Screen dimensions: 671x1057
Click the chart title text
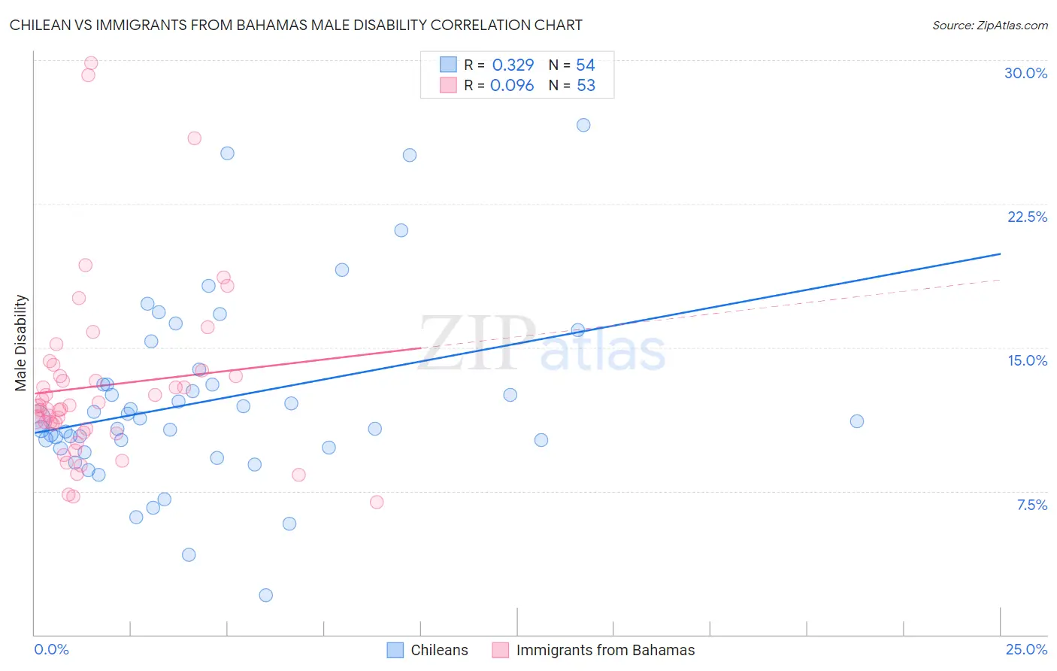click(295, 25)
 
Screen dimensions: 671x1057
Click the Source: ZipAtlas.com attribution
click(989, 25)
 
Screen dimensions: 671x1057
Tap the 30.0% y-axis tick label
click(1025, 73)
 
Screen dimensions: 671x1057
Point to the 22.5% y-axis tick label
click(1027, 217)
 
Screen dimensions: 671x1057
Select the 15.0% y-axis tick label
click(1027, 360)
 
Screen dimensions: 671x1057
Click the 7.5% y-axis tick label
click(1031, 505)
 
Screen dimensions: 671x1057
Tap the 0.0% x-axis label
click(51, 649)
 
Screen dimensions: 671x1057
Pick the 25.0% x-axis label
click(1026, 649)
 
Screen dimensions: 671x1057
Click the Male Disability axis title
click(21, 342)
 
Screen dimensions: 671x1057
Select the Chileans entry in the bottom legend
click(439, 650)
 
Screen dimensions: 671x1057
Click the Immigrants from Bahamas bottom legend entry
click(605, 650)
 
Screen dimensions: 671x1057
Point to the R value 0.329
click(513, 65)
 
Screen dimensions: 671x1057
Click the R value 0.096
click(512, 85)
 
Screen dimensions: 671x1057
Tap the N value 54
click(586, 65)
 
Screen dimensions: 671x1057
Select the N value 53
click(586, 85)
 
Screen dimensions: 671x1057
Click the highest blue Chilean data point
click(583, 125)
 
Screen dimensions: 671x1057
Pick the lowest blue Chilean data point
click(265, 595)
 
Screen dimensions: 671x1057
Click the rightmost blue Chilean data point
click(856, 421)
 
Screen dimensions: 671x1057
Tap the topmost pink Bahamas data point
click(91, 63)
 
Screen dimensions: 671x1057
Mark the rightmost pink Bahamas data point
click(377, 502)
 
